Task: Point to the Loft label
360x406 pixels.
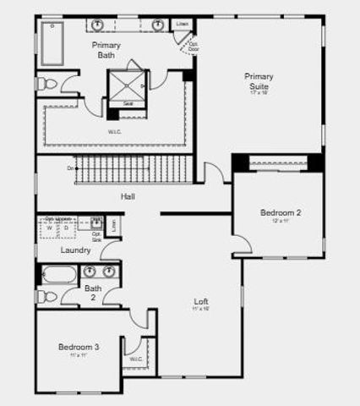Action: (201, 302)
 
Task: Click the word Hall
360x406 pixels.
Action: (128, 196)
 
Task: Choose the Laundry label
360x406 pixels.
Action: (76, 250)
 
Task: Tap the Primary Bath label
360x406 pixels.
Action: (106, 50)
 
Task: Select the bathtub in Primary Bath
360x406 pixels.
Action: (52, 43)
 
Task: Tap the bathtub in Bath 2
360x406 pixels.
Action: (58, 275)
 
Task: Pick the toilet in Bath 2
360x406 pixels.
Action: (48, 296)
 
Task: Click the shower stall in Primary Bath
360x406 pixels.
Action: (127, 85)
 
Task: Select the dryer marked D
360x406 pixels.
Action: (64, 228)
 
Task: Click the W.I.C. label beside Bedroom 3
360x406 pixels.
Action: (136, 359)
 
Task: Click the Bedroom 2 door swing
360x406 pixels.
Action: (242, 244)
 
